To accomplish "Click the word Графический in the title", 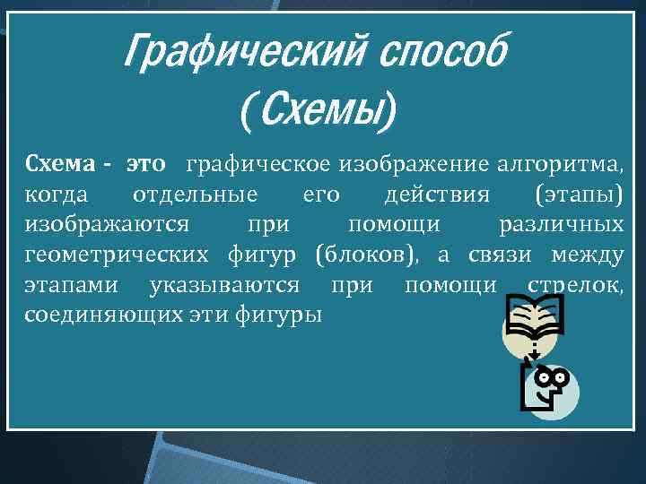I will [x=236, y=53].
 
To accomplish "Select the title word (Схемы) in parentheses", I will [x=317, y=113].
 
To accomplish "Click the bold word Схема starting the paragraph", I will [x=57, y=165].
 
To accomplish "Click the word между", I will [x=588, y=255].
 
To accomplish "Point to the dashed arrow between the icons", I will [x=533, y=350].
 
